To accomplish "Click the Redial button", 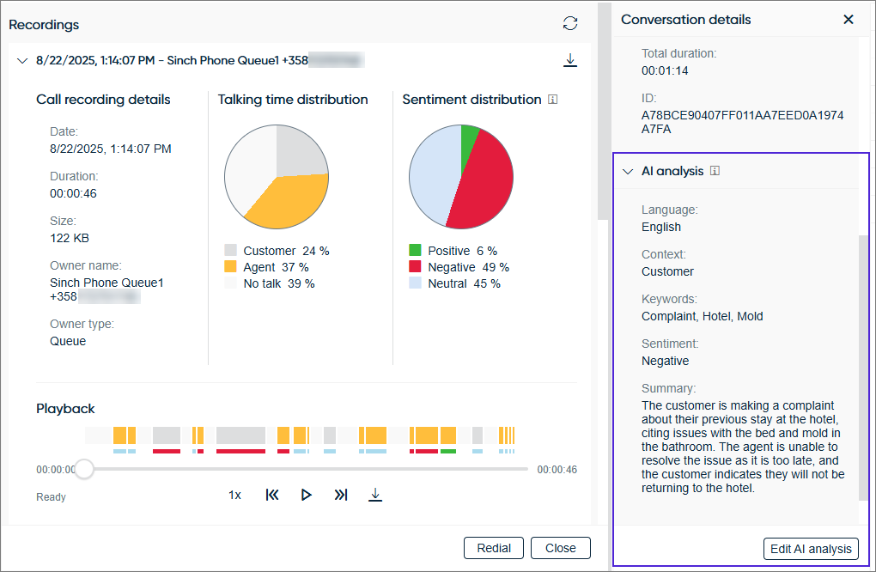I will pyautogui.click(x=494, y=548).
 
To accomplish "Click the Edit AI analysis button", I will pyautogui.click(x=811, y=549).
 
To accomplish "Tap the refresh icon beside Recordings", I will pyautogui.click(x=570, y=23).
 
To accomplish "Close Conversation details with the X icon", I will pyautogui.click(x=849, y=19).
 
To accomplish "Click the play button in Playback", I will pyautogui.click(x=306, y=495).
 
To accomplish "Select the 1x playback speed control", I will pyautogui.click(x=234, y=495).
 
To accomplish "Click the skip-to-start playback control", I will pyautogui.click(x=272, y=495).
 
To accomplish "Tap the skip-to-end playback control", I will pyautogui.click(x=341, y=495).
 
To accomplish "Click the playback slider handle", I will pyautogui.click(x=84, y=469).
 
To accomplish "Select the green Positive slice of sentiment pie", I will pyautogui.click(x=469, y=137).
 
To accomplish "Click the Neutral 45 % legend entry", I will pyautogui.click(x=454, y=283).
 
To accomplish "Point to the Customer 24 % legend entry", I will pyautogui.click(x=277, y=251).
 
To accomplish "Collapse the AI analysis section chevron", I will pyautogui.click(x=628, y=171).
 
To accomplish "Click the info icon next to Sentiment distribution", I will pyautogui.click(x=552, y=100).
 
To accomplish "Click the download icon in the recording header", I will pyautogui.click(x=569, y=60).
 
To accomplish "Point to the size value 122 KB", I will pyautogui.click(x=70, y=238).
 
